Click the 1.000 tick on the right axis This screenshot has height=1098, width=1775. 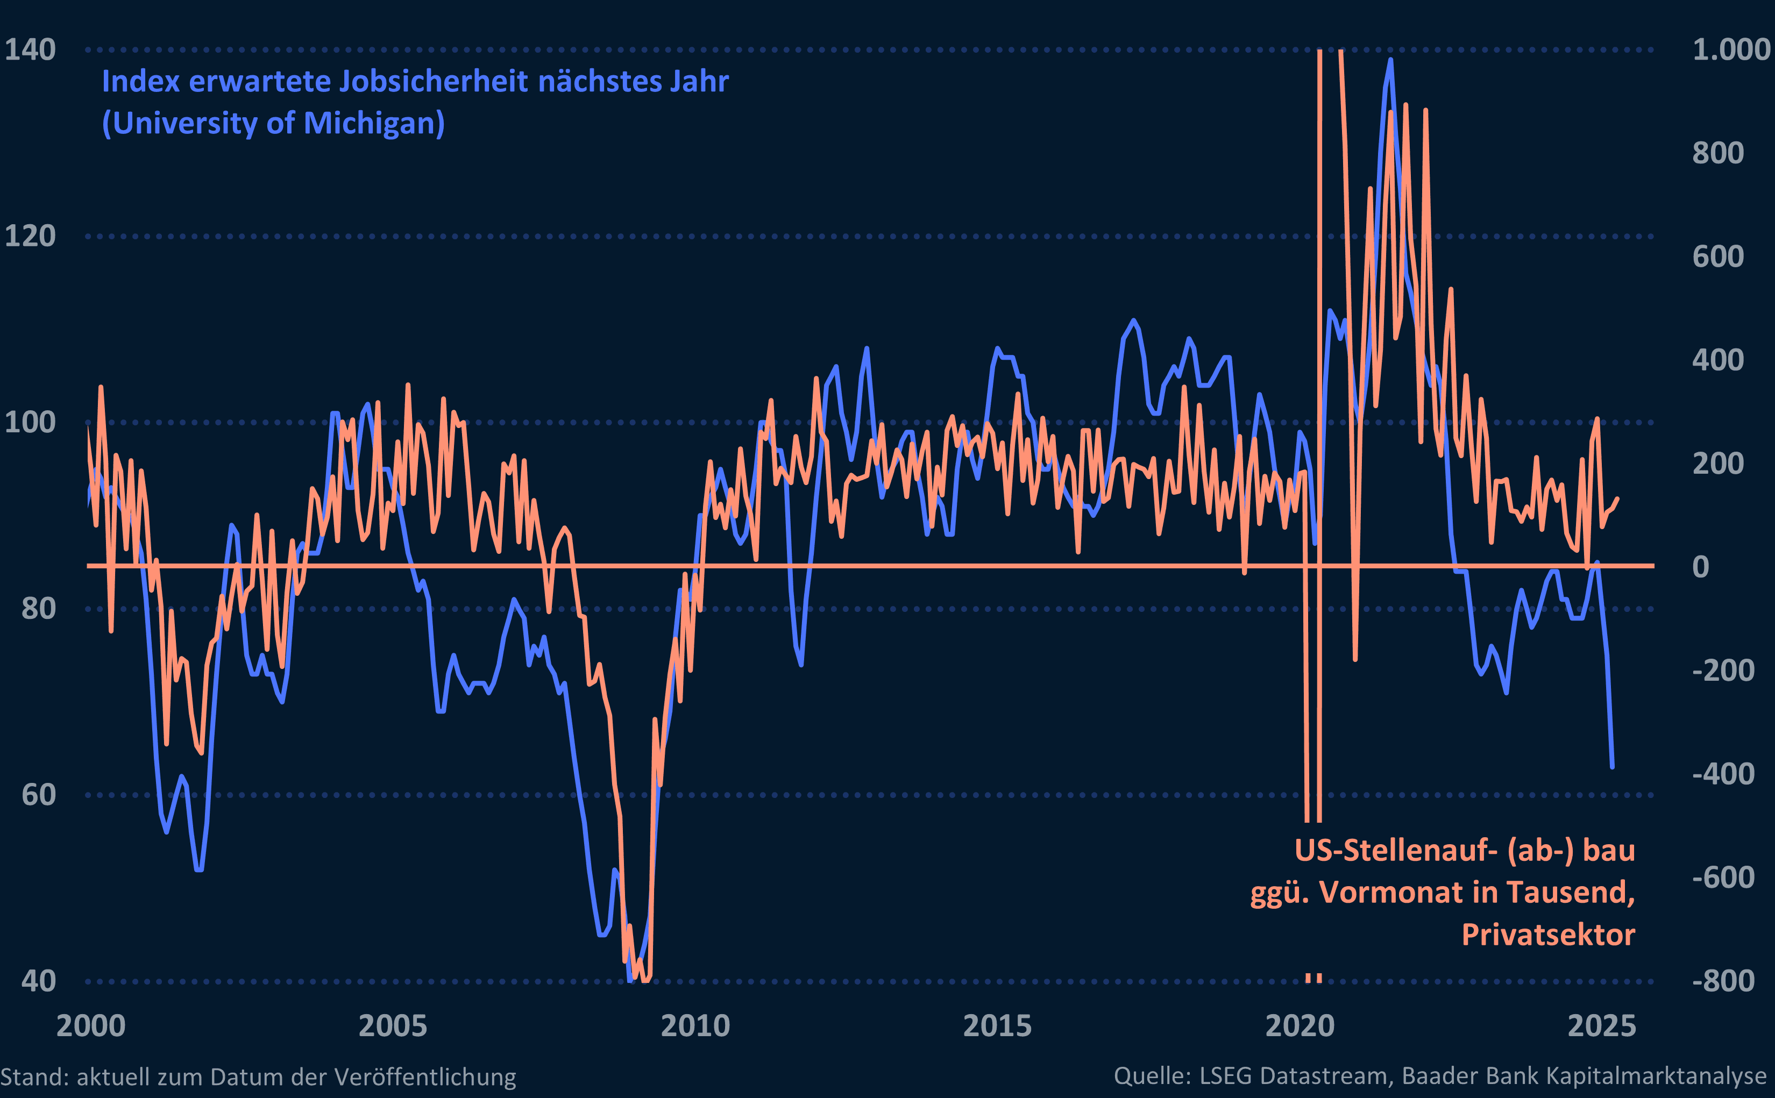point(1731,50)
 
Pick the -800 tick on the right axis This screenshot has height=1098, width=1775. point(1723,980)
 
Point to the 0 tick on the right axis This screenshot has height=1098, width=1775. point(1700,566)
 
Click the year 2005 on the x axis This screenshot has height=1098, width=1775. point(393,1026)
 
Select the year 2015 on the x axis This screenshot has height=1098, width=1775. point(997,1026)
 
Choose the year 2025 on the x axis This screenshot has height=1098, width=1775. point(1601,1026)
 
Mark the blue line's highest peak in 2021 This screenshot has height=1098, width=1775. point(1390,60)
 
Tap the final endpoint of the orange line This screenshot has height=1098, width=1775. point(1617,498)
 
